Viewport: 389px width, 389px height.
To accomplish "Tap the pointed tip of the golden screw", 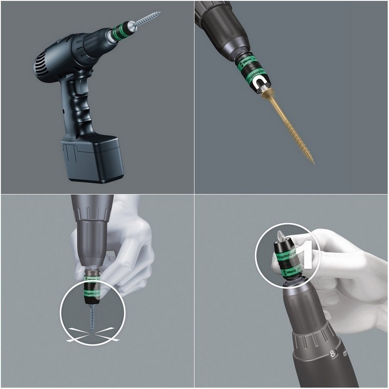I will [x=313, y=162].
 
